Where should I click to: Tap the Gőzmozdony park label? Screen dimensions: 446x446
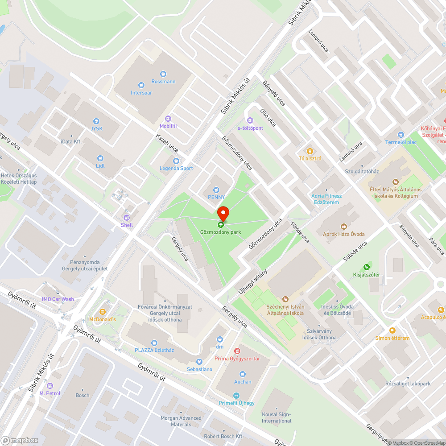point(220,232)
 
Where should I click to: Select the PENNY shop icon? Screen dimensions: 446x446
point(216,190)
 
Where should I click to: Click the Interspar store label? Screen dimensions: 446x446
point(141,93)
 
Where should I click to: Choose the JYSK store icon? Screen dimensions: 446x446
point(96,121)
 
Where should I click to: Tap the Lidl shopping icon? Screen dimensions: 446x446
point(100,158)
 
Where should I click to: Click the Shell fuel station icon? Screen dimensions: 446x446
point(127,218)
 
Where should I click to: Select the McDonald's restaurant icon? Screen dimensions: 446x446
point(103,312)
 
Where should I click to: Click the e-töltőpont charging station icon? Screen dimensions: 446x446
point(250,120)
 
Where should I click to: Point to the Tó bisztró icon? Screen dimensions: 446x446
point(310,151)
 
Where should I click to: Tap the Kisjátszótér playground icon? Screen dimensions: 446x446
point(367,267)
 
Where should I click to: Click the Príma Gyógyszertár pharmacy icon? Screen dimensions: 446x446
point(237,351)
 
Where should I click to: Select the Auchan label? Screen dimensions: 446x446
point(243,382)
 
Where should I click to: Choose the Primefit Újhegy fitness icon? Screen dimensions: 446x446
point(236,396)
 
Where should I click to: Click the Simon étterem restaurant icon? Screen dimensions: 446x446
point(392,330)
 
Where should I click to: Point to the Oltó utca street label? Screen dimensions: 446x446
point(268,117)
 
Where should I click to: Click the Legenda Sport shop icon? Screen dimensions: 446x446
point(176,161)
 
